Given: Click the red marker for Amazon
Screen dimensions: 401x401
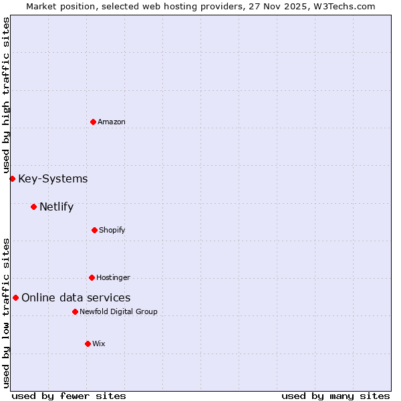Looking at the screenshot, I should pyautogui.click(x=94, y=122).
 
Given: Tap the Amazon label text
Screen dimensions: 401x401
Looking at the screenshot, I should pyautogui.click(x=112, y=122).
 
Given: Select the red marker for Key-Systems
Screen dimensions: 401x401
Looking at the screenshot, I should pyautogui.click(x=12, y=178).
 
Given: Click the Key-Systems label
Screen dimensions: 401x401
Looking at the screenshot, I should pyautogui.click(x=53, y=178).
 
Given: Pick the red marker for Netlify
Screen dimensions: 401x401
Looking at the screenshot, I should pyautogui.click(x=33, y=207).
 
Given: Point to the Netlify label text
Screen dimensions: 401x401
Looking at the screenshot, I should pyautogui.click(x=56, y=207).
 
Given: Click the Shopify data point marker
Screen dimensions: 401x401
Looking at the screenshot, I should pyautogui.click(x=94, y=230).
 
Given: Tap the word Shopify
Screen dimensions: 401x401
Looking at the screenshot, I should pyautogui.click(x=112, y=230).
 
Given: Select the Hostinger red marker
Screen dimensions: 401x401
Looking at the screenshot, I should pyautogui.click(x=92, y=277).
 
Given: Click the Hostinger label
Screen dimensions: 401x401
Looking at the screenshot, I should pyautogui.click(x=113, y=277).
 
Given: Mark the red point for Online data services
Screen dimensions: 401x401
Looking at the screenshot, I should pyautogui.click(x=15, y=297).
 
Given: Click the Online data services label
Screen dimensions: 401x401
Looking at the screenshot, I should pyautogui.click(x=76, y=297).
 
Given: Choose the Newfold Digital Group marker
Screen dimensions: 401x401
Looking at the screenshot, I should pyautogui.click(x=75, y=311).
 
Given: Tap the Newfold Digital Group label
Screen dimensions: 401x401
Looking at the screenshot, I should pyautogui.click(x=118, y=311).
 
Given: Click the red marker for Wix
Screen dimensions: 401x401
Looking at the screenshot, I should pyautogui.click(x=88, y=344).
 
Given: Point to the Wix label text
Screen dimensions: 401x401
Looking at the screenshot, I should pyautogui.click(x=99, y=344).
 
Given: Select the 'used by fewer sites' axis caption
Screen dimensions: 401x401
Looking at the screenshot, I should pyautogui.click(x=69, y=396).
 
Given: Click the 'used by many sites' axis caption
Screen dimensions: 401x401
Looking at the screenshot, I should pyautogui.click(x=336, y=396).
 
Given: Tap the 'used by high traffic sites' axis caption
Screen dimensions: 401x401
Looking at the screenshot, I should pyautogui.click(x=6, y=95).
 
